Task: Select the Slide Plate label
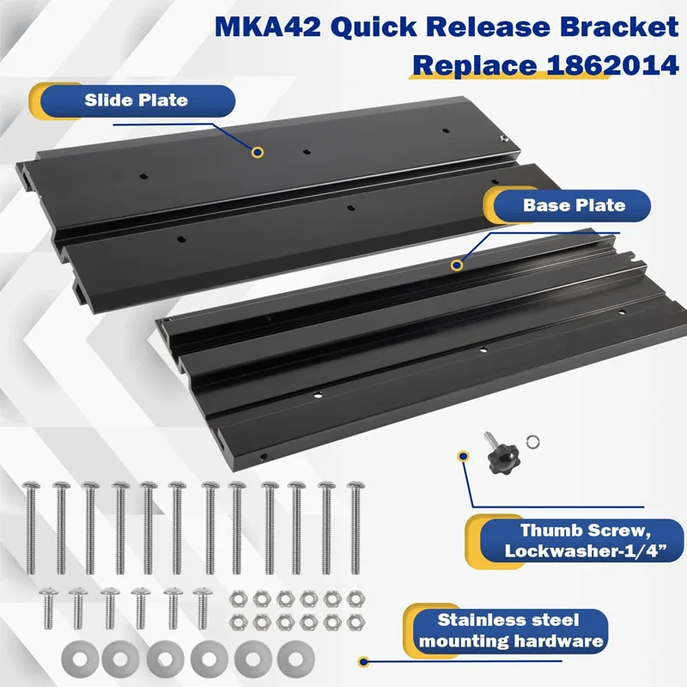(136, 100)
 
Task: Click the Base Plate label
(574, 205)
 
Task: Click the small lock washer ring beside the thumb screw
(532, 443)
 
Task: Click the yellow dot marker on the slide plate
(257, 152)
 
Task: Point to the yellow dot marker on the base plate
(457, 264)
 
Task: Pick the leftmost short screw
(47, 608)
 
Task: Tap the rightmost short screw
(202, 608)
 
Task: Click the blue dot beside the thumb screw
(464, 456)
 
